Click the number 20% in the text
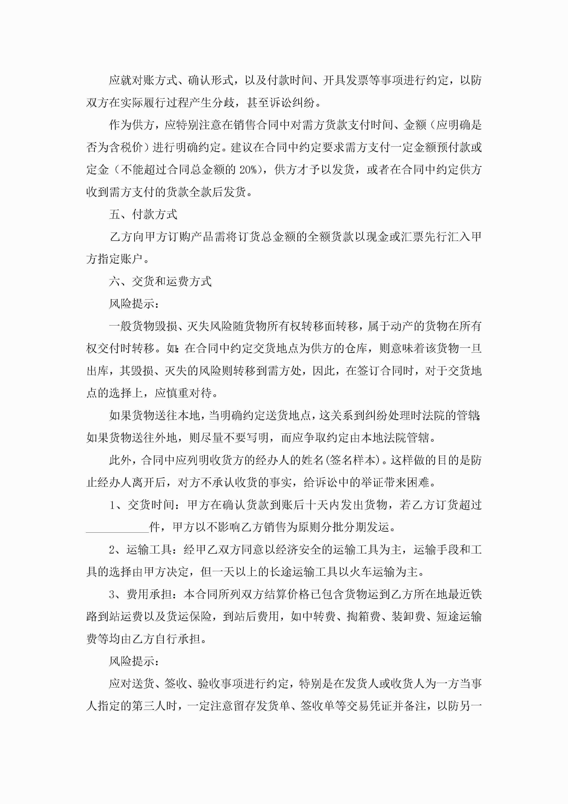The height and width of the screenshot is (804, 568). tap(248, 170)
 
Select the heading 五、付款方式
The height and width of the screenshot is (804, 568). tap(143, 214)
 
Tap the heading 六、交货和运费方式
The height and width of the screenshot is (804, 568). tap(160, 281)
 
